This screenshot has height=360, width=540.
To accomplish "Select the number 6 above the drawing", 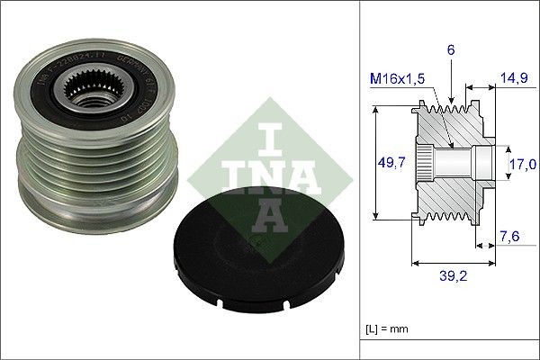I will click(451, 53).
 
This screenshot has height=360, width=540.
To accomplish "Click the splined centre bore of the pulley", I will click(90, 91).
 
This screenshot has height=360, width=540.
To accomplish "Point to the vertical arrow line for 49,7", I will click(375, 164).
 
